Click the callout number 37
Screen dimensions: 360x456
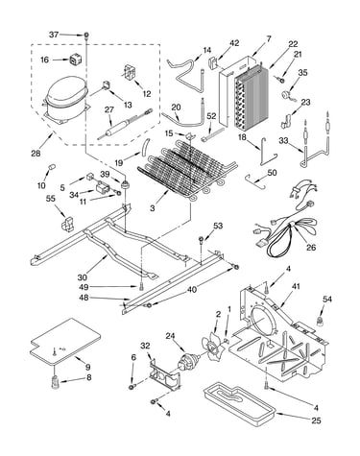point(54,35)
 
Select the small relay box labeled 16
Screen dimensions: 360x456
point(75,60)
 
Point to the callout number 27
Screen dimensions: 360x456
point(109,109)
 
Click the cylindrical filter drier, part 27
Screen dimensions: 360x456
point(126,124)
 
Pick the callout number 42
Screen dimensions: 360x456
point(234,43)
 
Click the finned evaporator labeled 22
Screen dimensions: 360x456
point(250,96)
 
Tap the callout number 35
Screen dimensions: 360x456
point(302,72)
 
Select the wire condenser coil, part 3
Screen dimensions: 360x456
point(187,169)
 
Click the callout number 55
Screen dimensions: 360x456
point(50,199)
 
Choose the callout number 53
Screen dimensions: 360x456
point(218,226)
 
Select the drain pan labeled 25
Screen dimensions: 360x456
point(240,401)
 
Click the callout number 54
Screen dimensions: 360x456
point(327,300)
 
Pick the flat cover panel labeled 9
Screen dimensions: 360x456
point(65,342)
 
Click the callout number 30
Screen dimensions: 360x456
point(83,276)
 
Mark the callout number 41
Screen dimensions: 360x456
point(296,286)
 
